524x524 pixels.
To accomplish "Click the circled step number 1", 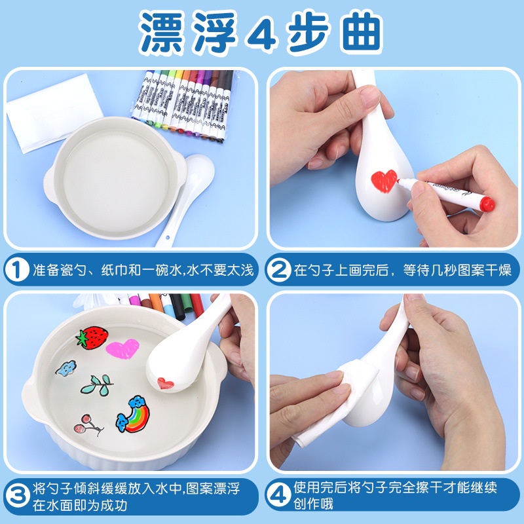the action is [x=17, y=270].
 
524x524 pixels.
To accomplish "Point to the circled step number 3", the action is [x=18, y=496].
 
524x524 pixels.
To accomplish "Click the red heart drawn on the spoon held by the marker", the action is [x=384, y=181].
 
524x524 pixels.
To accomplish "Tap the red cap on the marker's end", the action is [x=487, y=204].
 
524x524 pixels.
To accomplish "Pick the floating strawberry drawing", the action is [x=92, y=337].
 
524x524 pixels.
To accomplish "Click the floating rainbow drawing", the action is [x=134, y=415].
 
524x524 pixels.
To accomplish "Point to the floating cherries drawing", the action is [x=88, y=425].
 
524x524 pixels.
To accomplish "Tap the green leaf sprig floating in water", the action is [x=97, y=384].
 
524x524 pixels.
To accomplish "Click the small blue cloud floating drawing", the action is [x=66, y=367].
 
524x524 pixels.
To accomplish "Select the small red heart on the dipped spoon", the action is [x=166, y=383].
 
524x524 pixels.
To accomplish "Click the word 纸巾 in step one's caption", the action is [x=114, y=270].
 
